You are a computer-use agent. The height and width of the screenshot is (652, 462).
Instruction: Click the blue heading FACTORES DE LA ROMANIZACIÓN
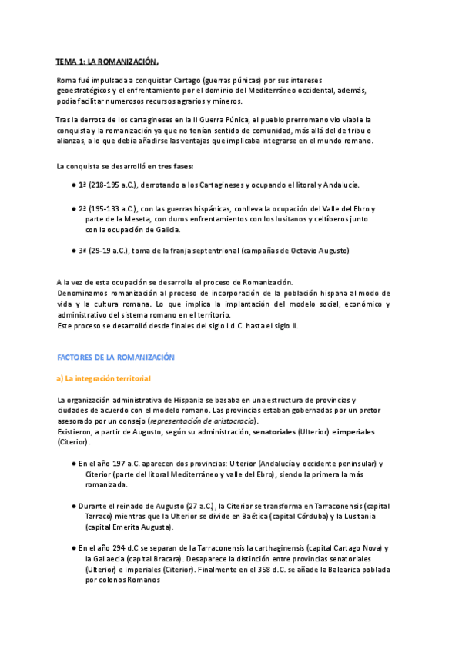115,358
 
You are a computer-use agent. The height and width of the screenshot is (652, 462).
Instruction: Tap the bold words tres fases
176,166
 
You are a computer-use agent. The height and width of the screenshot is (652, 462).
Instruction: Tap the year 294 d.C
127,548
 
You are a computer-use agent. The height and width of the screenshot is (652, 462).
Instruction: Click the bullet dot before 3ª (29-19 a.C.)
73,251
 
